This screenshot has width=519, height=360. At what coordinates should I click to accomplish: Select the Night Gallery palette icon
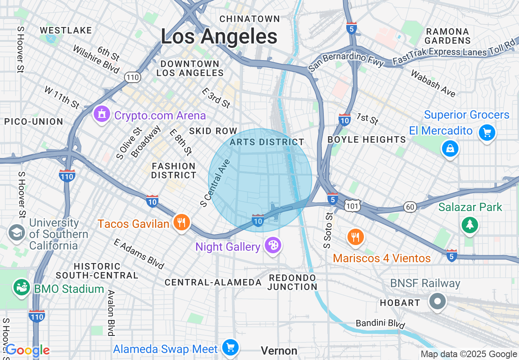[x=272, y=245]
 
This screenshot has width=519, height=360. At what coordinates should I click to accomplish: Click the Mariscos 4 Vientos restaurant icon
[x=355, y=237]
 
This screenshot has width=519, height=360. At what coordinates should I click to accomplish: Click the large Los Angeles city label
[x=219, y=36]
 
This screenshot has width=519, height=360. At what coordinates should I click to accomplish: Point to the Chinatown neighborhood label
[x=250, y=19]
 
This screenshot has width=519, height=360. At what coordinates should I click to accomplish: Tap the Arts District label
[x=267, y=142]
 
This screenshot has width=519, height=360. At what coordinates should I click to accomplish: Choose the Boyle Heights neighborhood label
[x=367, y=139]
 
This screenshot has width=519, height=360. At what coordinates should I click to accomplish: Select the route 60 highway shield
[x=410, y=207]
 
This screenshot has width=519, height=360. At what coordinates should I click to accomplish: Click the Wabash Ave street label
[x=433, y=84]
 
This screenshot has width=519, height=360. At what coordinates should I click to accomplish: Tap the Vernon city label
[x=279, y=351]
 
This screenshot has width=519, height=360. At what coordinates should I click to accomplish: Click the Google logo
[x=27, y=350]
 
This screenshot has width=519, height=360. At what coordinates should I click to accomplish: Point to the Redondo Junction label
[x=292, y=282]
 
